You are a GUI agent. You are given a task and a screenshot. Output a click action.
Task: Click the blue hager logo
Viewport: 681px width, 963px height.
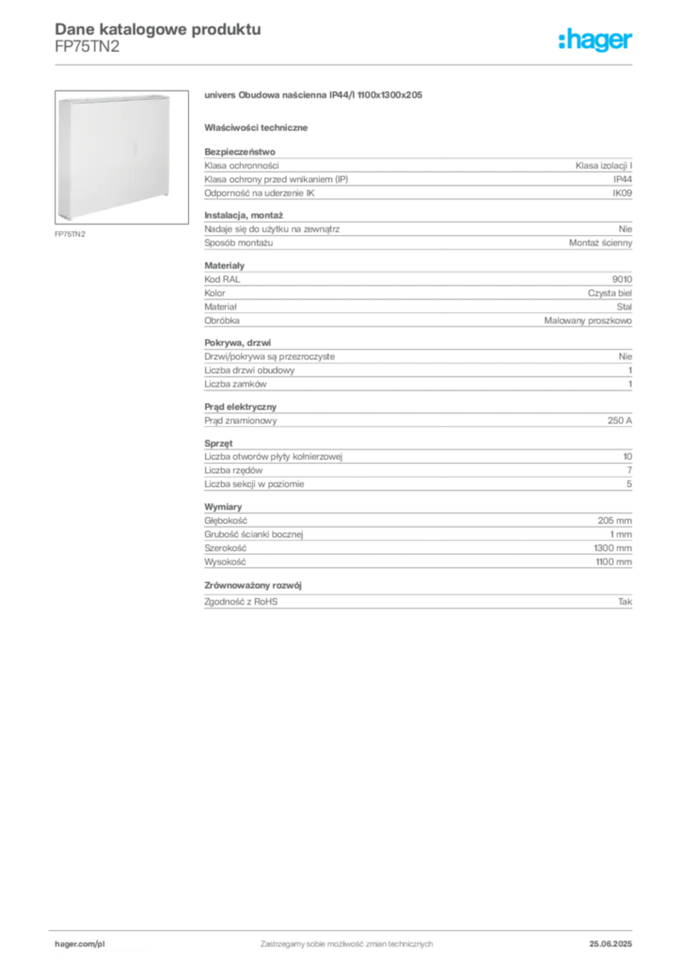click(x=597, y=41)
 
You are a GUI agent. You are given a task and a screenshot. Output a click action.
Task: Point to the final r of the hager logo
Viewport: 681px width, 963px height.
click(x=632, y=42)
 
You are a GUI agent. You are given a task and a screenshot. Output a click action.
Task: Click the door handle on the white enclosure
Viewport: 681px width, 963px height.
click(x=138, y=149)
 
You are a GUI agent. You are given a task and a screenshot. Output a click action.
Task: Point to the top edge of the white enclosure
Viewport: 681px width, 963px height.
click(x=115, y=95)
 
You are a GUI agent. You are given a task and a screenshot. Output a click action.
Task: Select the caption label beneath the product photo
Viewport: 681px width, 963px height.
click(x=71, y=233)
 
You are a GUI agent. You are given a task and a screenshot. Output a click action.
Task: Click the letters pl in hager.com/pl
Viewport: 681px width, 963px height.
click(x=99, y=941)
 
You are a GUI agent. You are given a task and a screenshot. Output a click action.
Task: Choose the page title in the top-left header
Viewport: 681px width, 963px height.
click(x=156, y=28)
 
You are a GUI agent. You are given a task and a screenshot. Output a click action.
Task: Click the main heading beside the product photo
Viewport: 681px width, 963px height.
click(x=316, y=97)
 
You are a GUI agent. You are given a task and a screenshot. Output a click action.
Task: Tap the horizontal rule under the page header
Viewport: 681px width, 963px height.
click(x=345, y=63)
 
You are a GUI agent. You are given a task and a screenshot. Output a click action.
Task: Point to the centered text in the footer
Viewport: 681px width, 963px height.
click(x=345, y=940)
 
